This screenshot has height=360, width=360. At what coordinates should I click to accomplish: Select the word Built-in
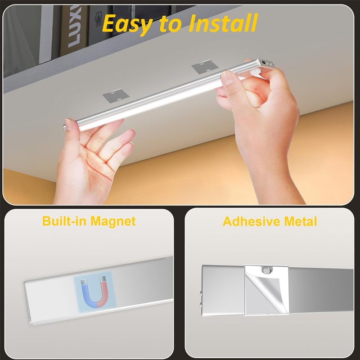(x=65, y=221)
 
